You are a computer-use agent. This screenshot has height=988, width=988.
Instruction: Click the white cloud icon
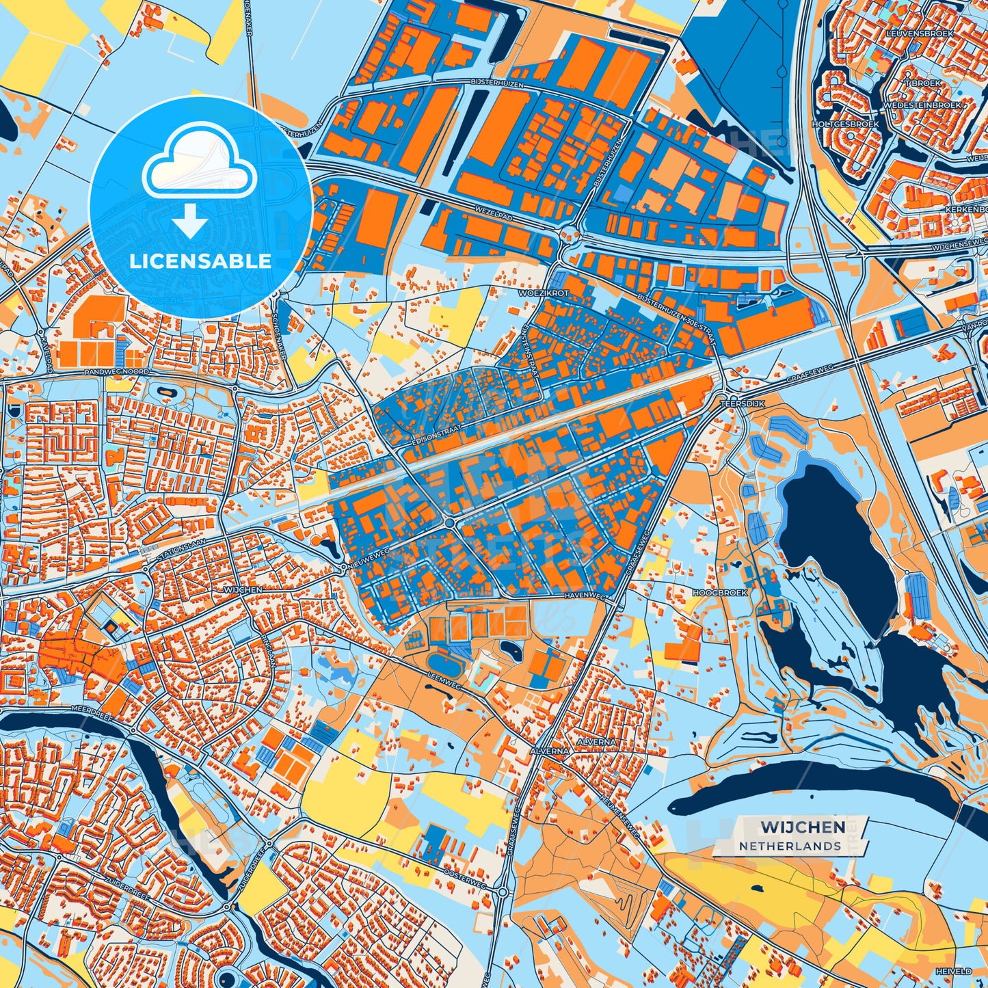pos(200,165)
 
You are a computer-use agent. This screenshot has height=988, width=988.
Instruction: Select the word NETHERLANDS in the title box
pos(790,846)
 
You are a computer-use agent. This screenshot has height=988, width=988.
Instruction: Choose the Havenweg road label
pos(586,596)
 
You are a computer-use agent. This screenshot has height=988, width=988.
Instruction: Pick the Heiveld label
pos(954,971)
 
